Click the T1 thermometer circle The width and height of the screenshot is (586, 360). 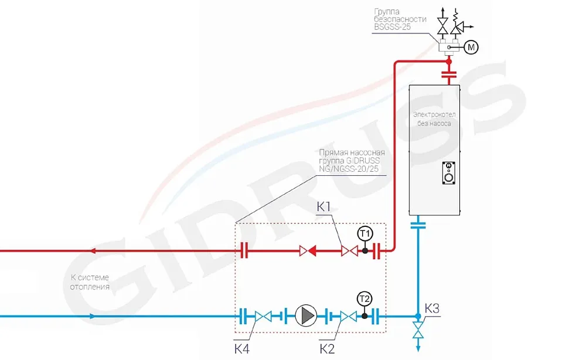[365, 234]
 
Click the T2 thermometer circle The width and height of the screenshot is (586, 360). [364, 299]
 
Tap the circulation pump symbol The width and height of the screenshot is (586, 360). [306, 316]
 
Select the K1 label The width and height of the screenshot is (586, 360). [323, 207]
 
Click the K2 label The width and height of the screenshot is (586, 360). [327, 349]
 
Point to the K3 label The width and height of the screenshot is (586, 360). [432, 308]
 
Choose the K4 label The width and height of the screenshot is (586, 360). [242, 349]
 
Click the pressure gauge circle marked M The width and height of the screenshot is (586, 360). [471, 47]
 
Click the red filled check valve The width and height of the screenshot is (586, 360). [308, 250]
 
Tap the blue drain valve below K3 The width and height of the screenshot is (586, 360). [418, 331]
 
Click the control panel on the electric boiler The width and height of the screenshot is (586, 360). [448, 173]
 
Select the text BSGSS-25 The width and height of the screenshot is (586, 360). [393, 27]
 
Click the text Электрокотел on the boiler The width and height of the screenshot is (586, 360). [434, 114]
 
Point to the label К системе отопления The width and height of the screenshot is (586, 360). [90, 282]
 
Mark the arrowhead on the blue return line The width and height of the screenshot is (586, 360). [93, 316]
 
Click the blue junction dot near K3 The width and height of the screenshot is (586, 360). [418, 316]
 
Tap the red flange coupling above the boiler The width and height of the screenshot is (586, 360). [449, 74]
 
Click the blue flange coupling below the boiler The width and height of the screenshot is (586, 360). [418, 225]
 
